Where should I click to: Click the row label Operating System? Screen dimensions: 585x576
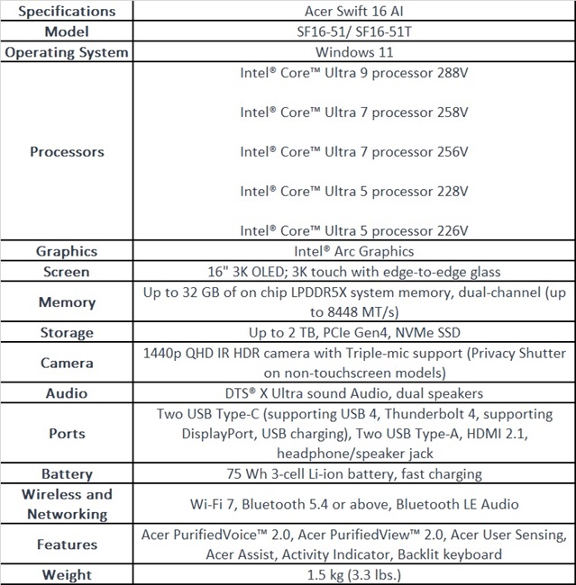pyautogui.click(x=67, y=52)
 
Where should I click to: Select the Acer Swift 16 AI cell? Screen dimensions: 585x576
pyautogui.click(x=353, y=11)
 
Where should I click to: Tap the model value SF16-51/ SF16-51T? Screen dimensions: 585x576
pyautogui.click(x=353, y=31)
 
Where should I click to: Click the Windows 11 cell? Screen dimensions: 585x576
pyautogui.click(x=353, y=52)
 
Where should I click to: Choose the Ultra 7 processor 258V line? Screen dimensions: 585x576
pyautogui.click(x=353, y=112)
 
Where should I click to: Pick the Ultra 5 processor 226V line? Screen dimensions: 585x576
pyautogui.click(x=353, y=230)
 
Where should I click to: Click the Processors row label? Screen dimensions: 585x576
pyautogui.click(x=67, y=151)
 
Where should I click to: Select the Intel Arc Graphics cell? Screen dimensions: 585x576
pyautogui.click(x=353, y=251)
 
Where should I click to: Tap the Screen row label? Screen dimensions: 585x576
pyautogui.click(x=67, y=271)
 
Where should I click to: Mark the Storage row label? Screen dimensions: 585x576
pyautogui.click(x=67, y=332)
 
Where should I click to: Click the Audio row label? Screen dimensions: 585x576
pyautogui.click(x=67, y=393)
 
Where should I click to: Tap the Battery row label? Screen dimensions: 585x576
pyautogui.click(x=67, y=473)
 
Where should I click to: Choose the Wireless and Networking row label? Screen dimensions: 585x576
pyautogui.click(x=67, y=504)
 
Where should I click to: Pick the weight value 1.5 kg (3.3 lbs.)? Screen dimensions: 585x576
pyautogui.click(x=353, y=574)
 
